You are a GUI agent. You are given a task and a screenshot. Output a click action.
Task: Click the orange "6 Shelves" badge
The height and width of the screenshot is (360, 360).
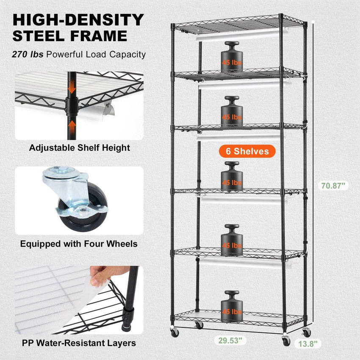247,151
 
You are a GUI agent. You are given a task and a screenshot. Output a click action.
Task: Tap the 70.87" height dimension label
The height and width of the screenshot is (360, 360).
332,185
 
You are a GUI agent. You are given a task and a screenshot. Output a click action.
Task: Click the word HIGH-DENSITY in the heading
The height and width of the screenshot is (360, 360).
78,20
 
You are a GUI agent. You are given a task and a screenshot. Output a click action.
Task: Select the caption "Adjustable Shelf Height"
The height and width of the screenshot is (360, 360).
79,148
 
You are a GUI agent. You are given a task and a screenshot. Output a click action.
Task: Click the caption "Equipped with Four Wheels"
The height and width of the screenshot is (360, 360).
79,244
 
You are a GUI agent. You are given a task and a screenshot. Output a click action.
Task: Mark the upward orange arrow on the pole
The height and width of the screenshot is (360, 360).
72,125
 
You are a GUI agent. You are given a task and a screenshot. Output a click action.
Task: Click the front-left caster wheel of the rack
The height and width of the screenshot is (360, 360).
174,332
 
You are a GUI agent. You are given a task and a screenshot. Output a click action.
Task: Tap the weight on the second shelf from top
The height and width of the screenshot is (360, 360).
231,111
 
